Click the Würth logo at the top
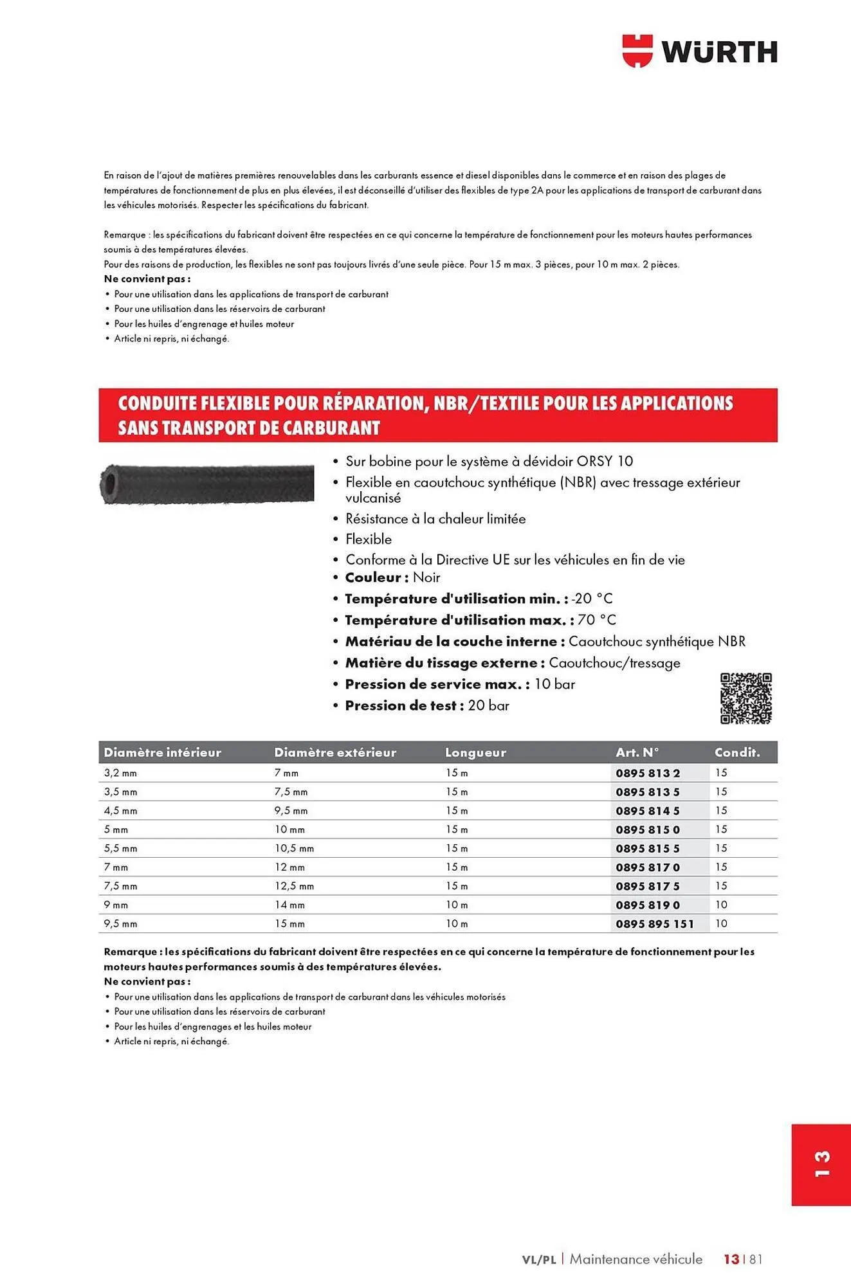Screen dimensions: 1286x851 pyautogui.click(x=699, y=51)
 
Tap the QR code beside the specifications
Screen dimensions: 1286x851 pyautogui.click(x=746, y=699)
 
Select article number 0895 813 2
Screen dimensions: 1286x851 pyautogui.click(x=648, y=773)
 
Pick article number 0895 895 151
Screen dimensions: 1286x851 pyautogui.click(x=655, y=924)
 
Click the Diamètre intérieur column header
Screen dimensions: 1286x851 pyautogui.click(x=162, y=752)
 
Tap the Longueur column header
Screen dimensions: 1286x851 pyautogui.click(x=475, y=752)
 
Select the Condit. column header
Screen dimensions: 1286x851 pyautogui.click(x=737, y=752)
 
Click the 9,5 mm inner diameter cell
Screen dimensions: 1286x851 pyautogui.click(x=121, y=924)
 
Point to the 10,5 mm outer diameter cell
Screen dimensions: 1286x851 pyautogui.click(x=294, y=849)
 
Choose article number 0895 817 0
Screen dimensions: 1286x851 pyautogui.click(x=648, y=867)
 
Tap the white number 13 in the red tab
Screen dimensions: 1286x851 pyautogui.click(x=821, y=1164)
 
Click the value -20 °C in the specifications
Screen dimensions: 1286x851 pyautogui.click(x=592, y=599)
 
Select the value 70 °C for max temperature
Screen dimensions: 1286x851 pyautogui.click(x=597, y=620)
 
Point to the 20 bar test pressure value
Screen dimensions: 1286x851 pyautogui.click(x=489, y=705)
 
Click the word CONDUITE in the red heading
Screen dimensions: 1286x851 pyautogui.click(x=158, y=403)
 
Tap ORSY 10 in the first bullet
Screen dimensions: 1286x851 pyautogui.click(x=605, y=461)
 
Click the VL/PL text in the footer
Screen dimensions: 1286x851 pyautogui.click(x=538, y=1260)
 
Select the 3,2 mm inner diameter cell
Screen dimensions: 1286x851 pyautogui.click(x=121, y=773)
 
